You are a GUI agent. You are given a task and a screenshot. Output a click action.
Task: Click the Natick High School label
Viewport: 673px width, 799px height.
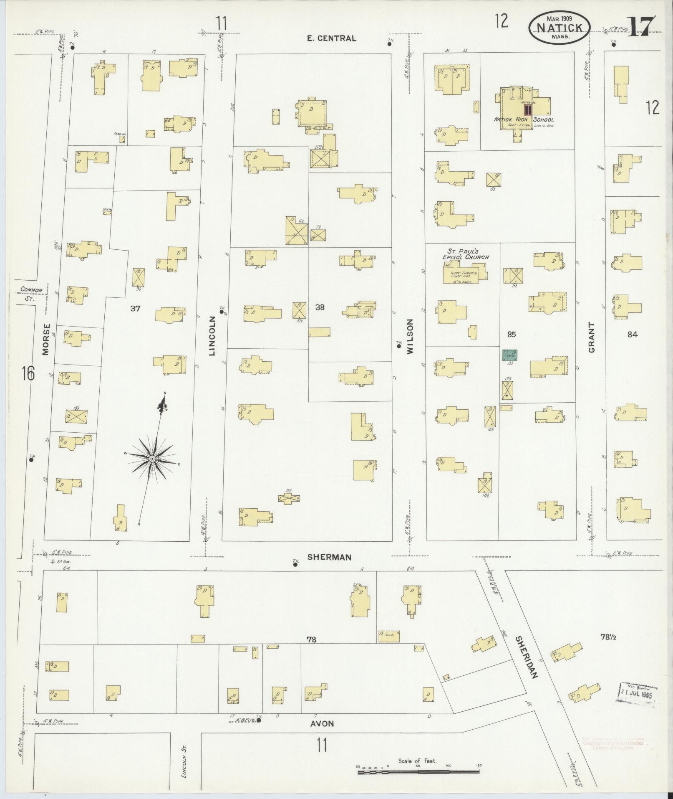tap(524, 119)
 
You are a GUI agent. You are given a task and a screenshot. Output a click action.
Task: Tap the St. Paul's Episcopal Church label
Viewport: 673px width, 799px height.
tap(465, 254)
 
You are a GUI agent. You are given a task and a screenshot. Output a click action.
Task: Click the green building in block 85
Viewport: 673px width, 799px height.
tap(509, 355)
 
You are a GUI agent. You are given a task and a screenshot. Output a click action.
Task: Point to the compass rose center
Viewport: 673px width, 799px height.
tap(152, 459)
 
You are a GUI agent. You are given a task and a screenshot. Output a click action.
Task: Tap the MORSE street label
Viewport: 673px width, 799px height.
tap(46, 340)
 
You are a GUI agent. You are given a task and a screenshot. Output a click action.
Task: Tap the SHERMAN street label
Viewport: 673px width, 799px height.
tap(329, 557)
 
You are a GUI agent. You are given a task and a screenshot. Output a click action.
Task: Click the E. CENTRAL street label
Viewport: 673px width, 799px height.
tap(331, 38)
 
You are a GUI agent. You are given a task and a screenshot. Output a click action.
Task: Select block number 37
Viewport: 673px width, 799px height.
tap(135, 309)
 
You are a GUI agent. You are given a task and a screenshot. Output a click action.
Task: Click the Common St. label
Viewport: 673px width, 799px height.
tap(32, 294)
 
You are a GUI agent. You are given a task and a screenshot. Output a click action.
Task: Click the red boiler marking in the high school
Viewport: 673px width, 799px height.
tap(528, 109)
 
